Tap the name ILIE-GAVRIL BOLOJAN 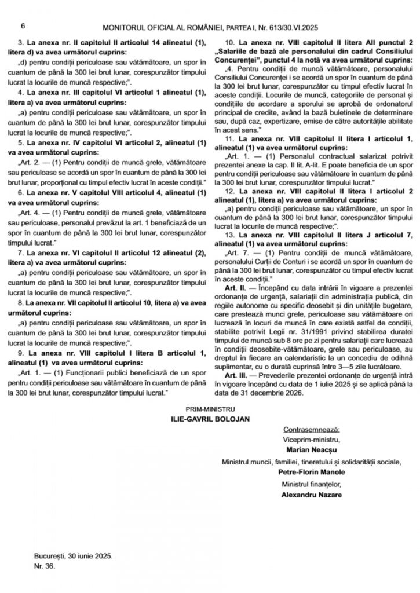pyautogui.click(x=211, y=419)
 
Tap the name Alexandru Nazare pyautogui.click(x=312, y=495)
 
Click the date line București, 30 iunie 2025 pyautogui.click(x=74, y=555)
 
